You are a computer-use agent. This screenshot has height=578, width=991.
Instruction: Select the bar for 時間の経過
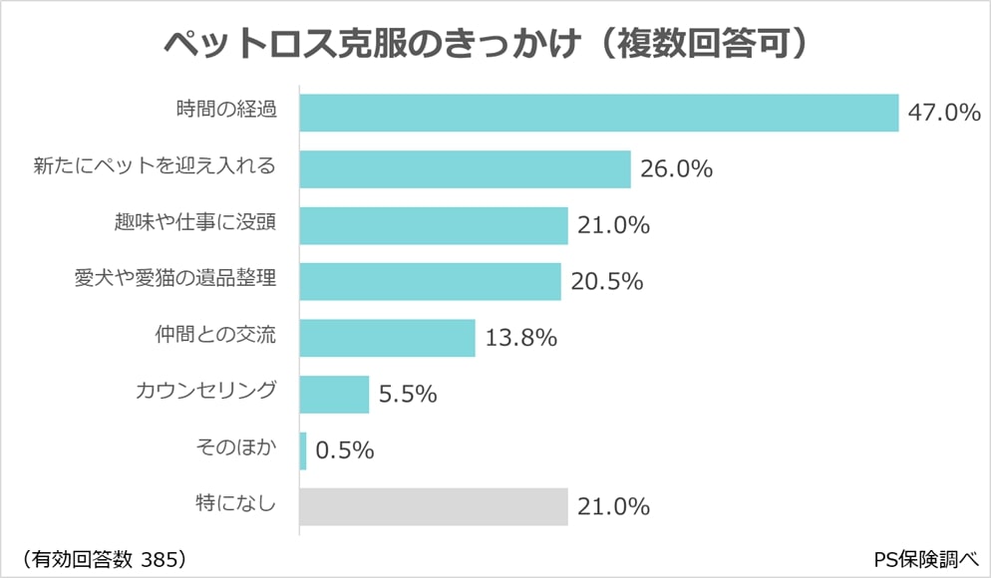(598, 113)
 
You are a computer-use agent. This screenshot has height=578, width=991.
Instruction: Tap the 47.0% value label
(943, 113)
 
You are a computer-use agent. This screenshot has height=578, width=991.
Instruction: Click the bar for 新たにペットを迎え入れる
(465, 169)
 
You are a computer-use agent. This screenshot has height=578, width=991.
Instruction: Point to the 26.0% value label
(676, 169)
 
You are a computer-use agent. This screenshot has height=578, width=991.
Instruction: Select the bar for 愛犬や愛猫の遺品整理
(430, 281)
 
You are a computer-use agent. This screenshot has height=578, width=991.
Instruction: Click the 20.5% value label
(606, 282)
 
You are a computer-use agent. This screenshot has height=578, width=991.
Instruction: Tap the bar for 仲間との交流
(387, 338)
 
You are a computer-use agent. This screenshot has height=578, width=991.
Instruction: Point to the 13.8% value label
(520, 338)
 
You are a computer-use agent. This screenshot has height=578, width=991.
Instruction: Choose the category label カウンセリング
(204, 391)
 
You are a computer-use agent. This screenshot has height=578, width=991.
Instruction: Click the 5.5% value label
(408, 395)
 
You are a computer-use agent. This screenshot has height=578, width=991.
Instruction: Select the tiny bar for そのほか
(303, 450)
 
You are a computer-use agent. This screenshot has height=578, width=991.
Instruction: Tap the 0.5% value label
(344, 450)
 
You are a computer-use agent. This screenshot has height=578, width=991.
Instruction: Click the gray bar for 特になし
(434, 506)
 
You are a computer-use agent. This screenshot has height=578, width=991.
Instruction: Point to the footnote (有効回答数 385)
(101, 556)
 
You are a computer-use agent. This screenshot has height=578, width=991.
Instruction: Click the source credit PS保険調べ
(924, 556)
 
